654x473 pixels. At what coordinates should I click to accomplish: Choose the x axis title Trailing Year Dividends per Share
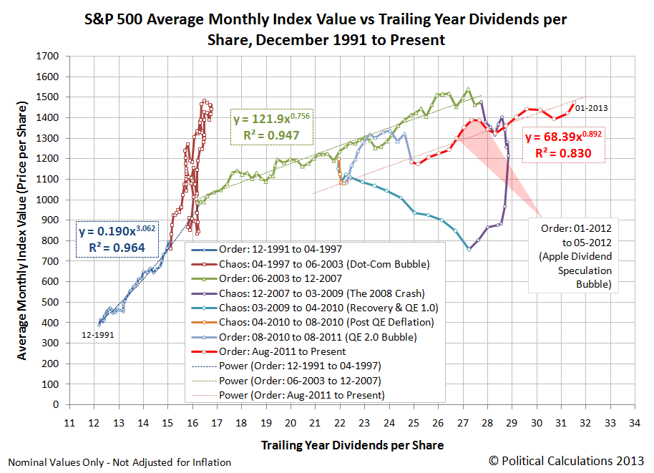point(351,445)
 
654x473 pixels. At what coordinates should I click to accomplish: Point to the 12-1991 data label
point(98,334)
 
